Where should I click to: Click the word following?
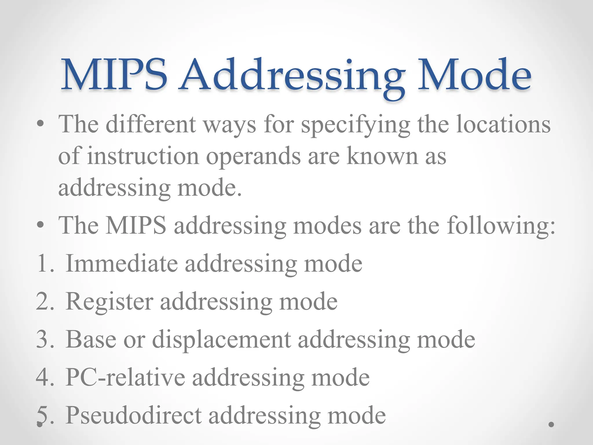tap(501, 226)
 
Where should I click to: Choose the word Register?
tap(109, 301)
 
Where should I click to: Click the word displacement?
tap(222, 340)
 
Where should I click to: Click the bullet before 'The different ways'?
tap(41, 125)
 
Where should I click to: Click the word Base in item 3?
tap(91, 339)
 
